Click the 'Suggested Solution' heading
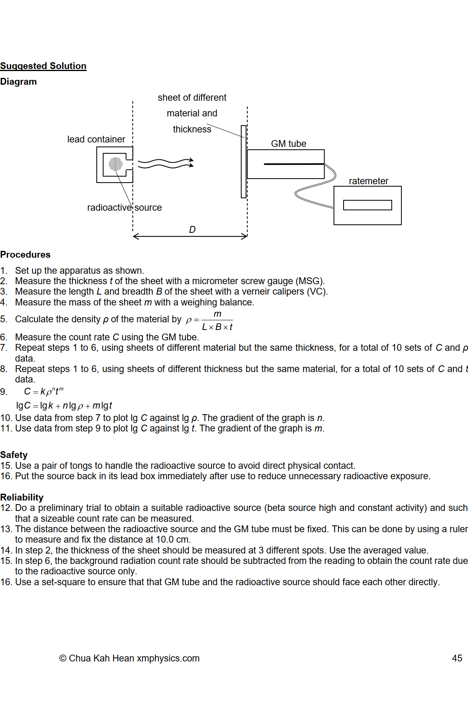click(x=43, y=66)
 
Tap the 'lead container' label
click(x=96, y=139)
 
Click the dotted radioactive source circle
click(x=116, y=164)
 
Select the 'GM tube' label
click(x=289, y=144)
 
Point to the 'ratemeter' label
click(x=368, y=181)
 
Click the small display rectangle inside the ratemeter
click(x=367, y=205)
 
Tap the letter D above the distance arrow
click(x=192, y=230)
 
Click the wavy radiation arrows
click(x=165, y=163)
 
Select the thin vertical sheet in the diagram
click(x=243, y=162)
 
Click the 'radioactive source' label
click(x=124, y=208)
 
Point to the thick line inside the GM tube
click(x=294, y=164)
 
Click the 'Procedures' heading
click(x=25, y=254)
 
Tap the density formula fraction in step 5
click(x=217, y=320)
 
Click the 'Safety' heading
click(x=14, y=455)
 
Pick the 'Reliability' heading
click(x=22, y=497)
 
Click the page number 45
click(x=457, y=658)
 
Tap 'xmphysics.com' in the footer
click(x=168, y=658)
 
